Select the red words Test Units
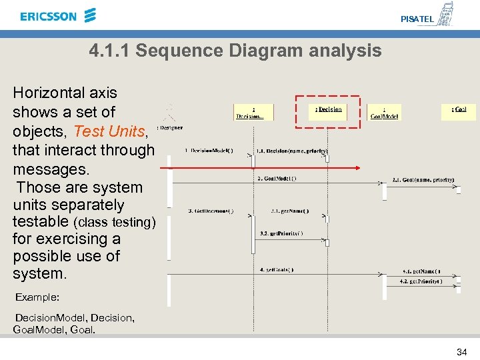(108, 131)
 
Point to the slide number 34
(461, 351)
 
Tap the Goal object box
(459, 110)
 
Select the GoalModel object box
(384, 112)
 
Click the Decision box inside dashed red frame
(328, 110)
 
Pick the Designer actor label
(169, 127)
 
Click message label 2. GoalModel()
(277, 178)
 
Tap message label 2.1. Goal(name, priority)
(423, 179)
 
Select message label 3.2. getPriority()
(282, 233)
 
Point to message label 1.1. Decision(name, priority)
(291, 151)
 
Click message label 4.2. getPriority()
(421, 281)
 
